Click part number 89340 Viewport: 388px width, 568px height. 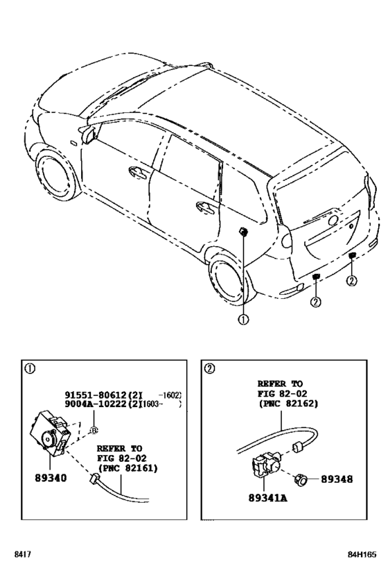[x=51, y=478]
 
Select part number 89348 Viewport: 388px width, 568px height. [x=337, y=479]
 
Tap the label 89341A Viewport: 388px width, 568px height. [x=267, y=498]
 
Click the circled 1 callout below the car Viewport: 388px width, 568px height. [x=243, y=320]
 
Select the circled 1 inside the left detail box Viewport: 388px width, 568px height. [x=30, y=369]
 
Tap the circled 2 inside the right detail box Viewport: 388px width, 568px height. [x=209, y=369]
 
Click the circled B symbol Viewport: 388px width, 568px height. [x=94, y=431]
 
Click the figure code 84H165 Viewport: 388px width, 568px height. [x=362, y=555]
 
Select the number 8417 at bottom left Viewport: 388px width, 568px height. [x=22, y=555]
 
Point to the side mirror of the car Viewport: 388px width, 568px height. [x=88, y=134]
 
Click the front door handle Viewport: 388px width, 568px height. [x=138, y=173]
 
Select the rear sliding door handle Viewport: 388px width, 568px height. [x=205, y=208]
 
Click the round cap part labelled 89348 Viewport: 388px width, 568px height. [x=301, y=480]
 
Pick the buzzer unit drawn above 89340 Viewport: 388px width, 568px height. [x=50, y=433]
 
